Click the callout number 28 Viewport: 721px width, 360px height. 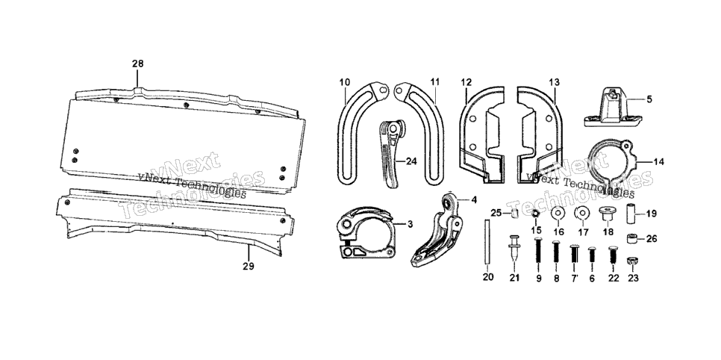138,64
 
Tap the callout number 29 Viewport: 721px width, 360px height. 249,266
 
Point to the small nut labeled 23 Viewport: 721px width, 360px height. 633,261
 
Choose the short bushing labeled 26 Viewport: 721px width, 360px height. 633,238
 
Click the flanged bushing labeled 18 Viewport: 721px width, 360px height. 608,214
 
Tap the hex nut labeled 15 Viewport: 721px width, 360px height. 536,214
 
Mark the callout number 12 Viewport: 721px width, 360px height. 466,82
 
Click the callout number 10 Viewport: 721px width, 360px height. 345,82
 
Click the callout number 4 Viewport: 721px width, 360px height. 474,200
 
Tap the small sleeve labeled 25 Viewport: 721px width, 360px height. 515,213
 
